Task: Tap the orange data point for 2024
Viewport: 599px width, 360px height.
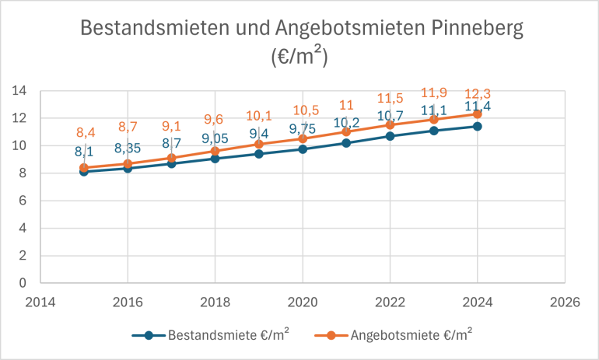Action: click(478, 114)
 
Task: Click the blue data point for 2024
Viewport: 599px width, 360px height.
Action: click(478, 126)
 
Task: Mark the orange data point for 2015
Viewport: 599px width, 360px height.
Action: click(83, 167)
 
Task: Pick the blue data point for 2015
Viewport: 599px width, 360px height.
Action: click(83, 172)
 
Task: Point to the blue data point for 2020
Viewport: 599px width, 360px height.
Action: click(303, 149)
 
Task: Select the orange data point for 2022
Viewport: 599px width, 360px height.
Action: click(390, 124)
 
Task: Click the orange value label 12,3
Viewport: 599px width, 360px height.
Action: click(477, 93)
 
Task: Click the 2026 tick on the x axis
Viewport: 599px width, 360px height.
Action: click(565, 302)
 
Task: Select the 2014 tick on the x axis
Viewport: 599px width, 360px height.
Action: click(39, 302)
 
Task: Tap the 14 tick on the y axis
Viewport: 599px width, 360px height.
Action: click(20, 91)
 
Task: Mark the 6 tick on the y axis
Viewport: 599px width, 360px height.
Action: click(23, 201)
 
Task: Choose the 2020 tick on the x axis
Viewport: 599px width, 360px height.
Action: click(302, 302)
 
